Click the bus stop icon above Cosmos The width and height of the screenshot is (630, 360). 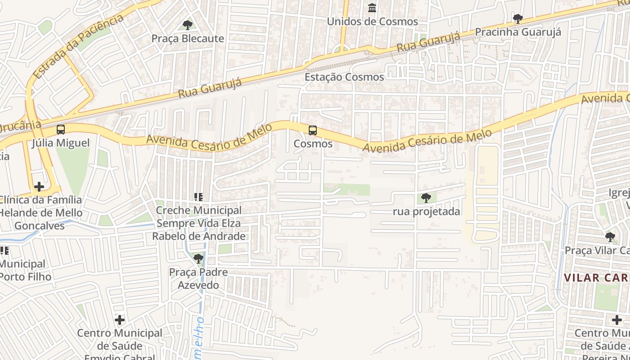[312, 130]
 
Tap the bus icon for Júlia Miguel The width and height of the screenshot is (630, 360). [61, 130]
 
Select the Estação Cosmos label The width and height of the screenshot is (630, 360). [344, 77]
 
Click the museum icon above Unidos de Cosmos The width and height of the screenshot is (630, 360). [372, 8]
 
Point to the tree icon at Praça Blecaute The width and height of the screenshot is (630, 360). [187, 25]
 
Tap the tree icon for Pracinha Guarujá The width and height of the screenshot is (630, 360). [517, 19]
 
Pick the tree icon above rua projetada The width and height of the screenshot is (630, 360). [426, 198]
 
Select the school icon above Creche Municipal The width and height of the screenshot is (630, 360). [198, 197]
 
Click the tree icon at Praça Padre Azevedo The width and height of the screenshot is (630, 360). [198, 259]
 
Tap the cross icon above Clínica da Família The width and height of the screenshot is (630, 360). [39, 186]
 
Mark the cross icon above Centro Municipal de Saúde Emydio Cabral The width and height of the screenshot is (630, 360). [120, 320]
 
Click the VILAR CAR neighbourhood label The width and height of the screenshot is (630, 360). [597, 278]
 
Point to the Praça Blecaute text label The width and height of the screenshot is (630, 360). [188, 39]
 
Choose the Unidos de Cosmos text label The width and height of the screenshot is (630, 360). [372, 22]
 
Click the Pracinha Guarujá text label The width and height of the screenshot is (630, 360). [518, 32]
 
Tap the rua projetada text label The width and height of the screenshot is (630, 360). [427, 211]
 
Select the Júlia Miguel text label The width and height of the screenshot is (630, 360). [61, 143]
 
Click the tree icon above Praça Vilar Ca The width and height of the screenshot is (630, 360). [610, 237]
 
